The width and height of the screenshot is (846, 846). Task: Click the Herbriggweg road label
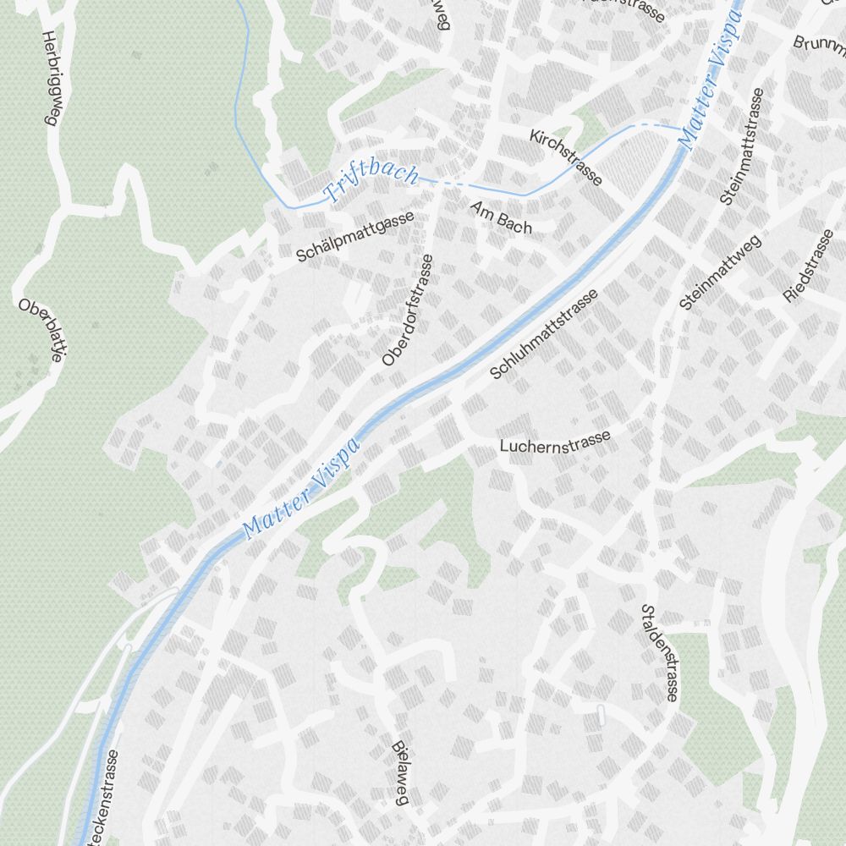coord(49,79)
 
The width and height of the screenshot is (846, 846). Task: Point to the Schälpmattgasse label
coord(355,236)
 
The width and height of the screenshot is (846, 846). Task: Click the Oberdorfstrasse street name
coord(407,310)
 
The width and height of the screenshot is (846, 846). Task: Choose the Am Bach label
coord(503,217)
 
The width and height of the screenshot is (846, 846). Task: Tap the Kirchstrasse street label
coord(566,157)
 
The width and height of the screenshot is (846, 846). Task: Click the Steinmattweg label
coord(720,272)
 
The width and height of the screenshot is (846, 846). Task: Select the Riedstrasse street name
coord(809,265)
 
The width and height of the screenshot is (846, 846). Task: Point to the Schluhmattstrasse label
coord(544,333)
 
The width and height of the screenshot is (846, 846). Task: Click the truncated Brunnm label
coord(819,42)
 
